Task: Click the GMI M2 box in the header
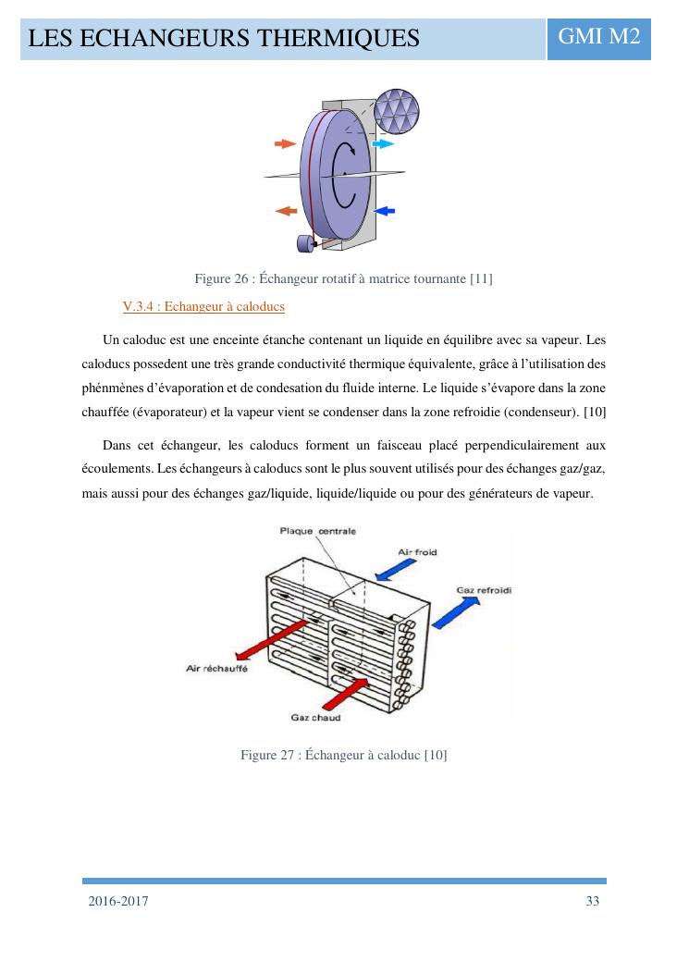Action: click(x=598, y=38)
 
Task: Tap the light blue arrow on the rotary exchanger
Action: click(x=383, y=144)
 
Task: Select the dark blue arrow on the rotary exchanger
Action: click(x=384, y=211)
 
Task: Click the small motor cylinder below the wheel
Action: click(x=304, y=244)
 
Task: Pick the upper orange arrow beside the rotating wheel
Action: click(x=285, y=144)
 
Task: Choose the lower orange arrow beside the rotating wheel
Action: click(x=286, y=212)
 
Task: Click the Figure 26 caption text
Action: click(x=343, y=279)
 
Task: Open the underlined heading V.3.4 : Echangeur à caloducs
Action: click(x=203, y=306)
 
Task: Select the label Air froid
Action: click(x=417, y=552)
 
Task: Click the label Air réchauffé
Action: click(x=217, y=669)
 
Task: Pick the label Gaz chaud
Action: click(x=315, y=717)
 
